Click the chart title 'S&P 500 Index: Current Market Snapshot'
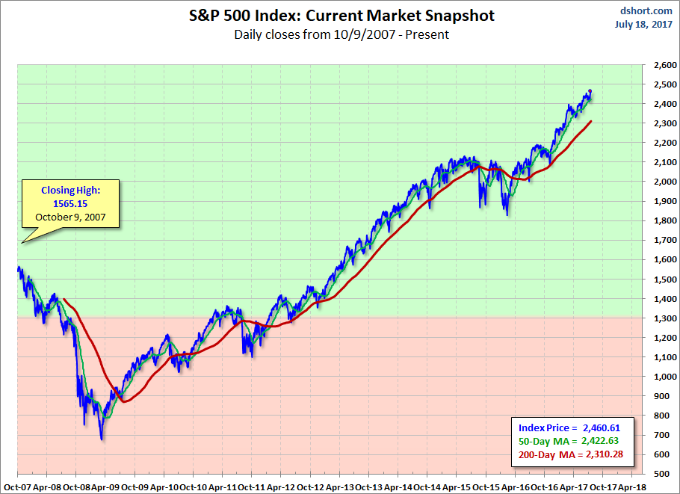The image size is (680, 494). [x=341, y=16]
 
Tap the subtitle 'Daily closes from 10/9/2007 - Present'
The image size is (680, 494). [x=341, y=34]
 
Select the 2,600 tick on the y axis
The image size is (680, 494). [x=661, y=66]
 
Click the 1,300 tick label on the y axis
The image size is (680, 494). [x=661, y=319]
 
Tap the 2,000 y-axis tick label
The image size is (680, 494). [x=661, y=182]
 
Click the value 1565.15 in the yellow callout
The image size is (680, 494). [x=70, y=204]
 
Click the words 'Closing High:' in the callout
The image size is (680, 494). [x=70, y=191]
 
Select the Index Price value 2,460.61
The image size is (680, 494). [x=605, y=427]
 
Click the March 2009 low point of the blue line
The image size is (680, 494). [x=102, y=439]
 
